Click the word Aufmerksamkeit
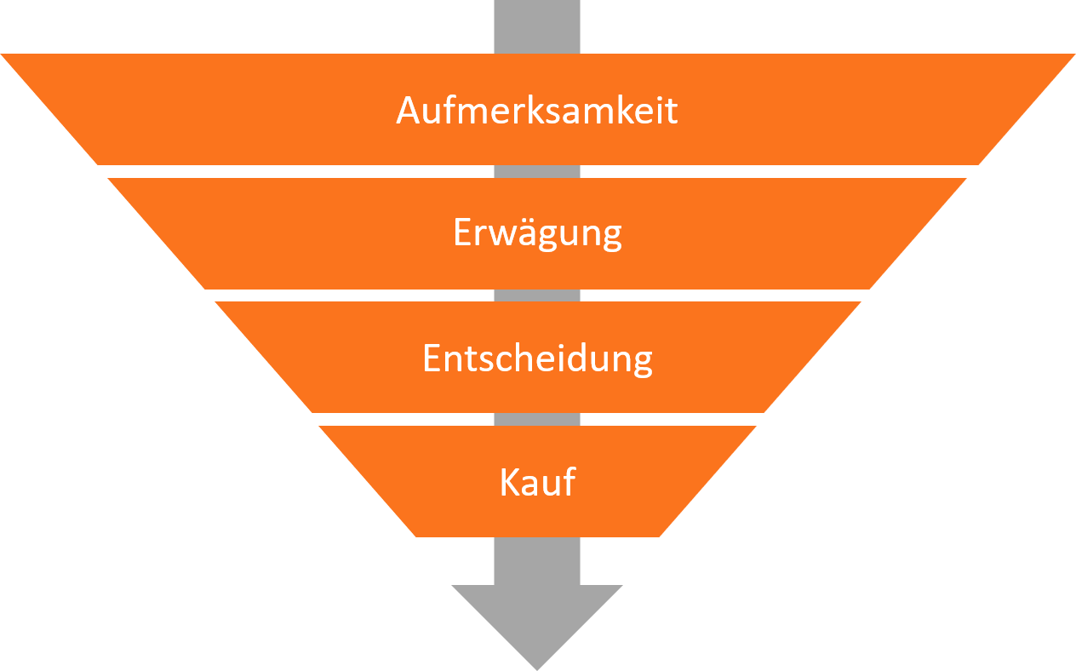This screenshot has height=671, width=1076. click(537, 111)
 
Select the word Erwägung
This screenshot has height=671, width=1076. click(537, 233)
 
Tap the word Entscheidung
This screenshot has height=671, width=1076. click(537, 358)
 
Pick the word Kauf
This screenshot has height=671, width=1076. click(537, 482)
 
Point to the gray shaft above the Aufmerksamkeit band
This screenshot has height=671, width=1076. click(537, 26)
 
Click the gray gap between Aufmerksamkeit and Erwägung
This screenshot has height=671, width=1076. click(537, 171)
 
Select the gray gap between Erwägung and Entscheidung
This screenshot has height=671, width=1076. click(537, 295)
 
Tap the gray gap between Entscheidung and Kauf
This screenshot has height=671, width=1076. click(537, 420)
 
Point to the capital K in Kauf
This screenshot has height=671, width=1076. click(508, 482)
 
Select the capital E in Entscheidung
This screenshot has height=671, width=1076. click(432, 358)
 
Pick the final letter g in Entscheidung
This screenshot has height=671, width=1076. click(642, 361)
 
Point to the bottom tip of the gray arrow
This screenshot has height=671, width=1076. click(537, 668)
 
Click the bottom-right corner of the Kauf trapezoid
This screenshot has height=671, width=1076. click(661, 536)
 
